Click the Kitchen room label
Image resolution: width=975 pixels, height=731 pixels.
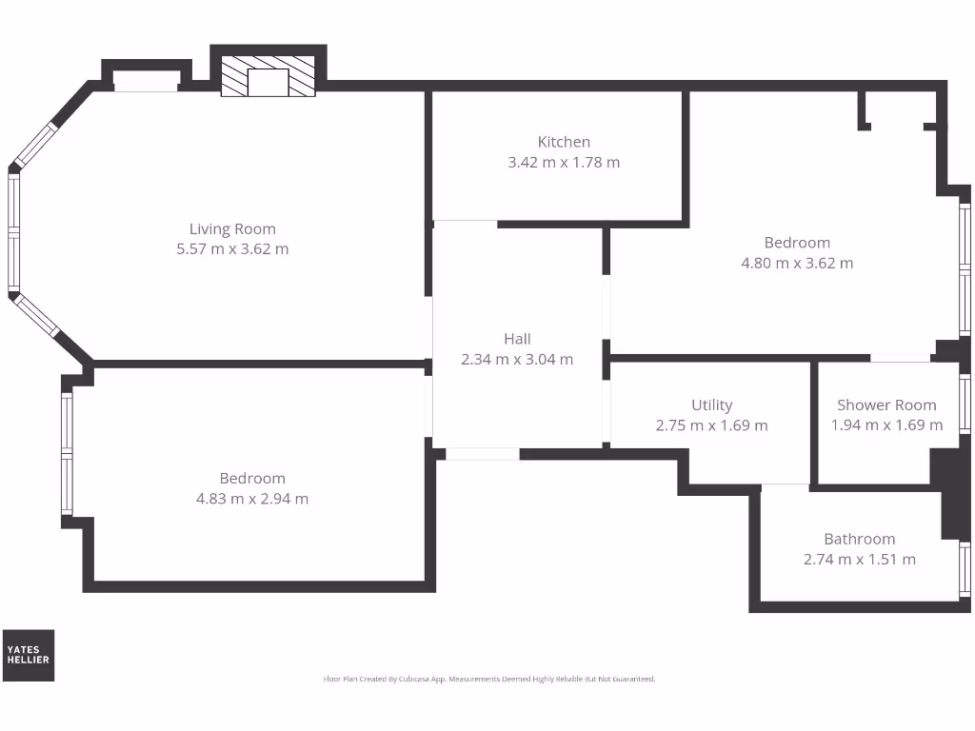point(564,142)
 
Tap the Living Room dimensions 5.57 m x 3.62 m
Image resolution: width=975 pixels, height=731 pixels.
point(232,249)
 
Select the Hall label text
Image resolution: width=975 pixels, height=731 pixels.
point(517,339)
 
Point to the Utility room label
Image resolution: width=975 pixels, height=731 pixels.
point(711,405)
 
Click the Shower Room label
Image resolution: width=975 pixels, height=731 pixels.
point(886,405)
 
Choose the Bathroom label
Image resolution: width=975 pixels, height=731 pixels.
point(859,539)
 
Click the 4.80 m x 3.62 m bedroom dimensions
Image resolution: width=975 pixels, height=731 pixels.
point(797,264)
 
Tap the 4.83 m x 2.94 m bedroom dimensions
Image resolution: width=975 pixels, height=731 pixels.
point(251,499)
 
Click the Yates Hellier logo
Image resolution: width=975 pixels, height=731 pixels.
point(29,655)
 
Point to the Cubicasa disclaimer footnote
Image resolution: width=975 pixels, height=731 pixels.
point(489,680)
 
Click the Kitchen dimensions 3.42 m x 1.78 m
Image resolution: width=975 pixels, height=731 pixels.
point(564,163)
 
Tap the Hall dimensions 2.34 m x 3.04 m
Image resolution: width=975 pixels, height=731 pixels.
point(517,360)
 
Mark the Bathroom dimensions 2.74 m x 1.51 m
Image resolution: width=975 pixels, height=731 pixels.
point(859,560)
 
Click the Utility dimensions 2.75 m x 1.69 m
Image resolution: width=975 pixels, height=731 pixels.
point(711,426)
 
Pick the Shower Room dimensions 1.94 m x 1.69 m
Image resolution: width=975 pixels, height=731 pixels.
point(886,426)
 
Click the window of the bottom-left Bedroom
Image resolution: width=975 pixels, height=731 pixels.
point(67,455)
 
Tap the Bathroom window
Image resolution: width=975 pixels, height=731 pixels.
point(965,570)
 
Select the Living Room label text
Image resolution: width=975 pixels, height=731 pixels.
point(232,228)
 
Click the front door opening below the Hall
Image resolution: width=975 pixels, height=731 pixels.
point(483,454)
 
